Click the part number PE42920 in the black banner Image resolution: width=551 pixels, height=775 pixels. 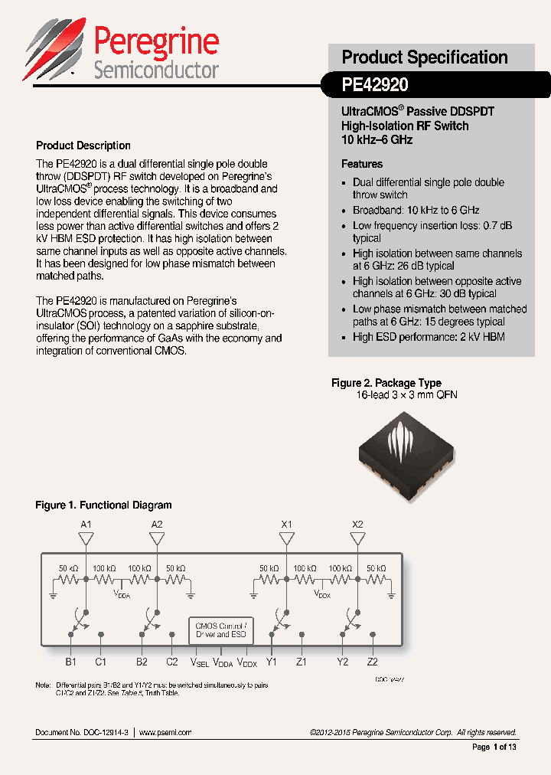pos(375,84)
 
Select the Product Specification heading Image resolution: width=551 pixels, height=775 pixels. pos(424,57)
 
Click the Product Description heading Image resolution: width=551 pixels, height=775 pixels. pos(83,146)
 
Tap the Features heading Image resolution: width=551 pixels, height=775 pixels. pos(362,164)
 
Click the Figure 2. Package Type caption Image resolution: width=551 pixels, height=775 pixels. pos(386,383)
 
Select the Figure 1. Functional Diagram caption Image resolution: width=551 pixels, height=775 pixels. pos(103,505)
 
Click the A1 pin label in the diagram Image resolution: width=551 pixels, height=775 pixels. pos(86,525)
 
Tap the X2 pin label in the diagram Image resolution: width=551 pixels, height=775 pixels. pos(357,525)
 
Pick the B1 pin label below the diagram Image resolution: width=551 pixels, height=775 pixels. pos(70,662)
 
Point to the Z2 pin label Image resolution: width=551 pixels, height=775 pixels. pos(372,662)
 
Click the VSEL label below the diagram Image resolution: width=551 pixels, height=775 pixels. pos(199,662)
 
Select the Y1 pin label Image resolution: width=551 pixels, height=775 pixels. pos(272,662)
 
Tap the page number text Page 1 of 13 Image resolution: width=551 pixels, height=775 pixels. pos(494,747)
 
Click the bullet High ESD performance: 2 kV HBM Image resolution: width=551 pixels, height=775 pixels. pos(429,337)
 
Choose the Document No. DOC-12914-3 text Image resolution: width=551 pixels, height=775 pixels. pos(83,732)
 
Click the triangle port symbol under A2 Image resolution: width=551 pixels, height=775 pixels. pos(157,539)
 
